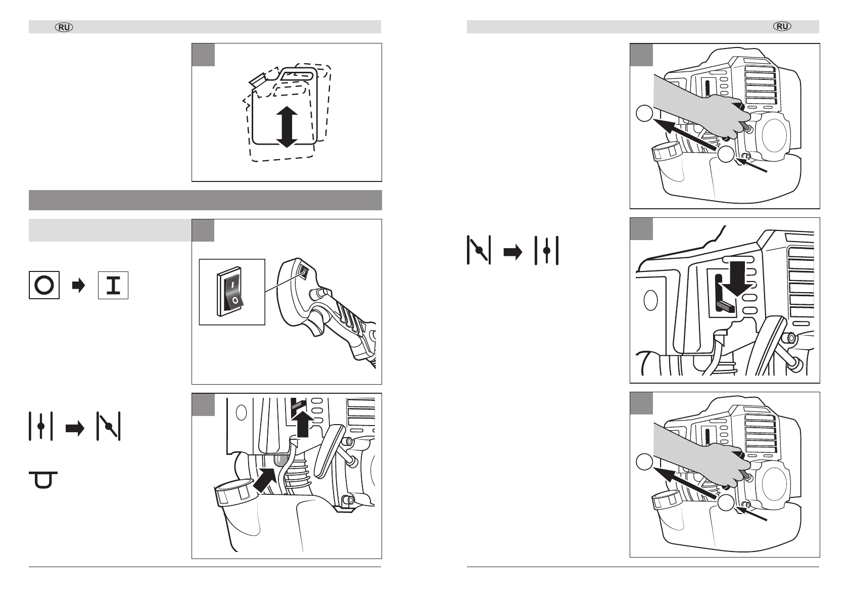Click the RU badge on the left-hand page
click(64, 27)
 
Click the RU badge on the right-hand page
click(782, 27)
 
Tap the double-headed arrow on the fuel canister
click(287, 126)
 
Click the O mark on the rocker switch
click(234, 301)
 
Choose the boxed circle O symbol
click(44, 285)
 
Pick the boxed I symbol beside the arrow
click(113, 285)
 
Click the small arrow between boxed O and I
click(78, 286)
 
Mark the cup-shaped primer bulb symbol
click(43, 480)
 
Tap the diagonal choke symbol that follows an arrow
click(109, 427)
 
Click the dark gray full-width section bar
click(205, 200)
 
